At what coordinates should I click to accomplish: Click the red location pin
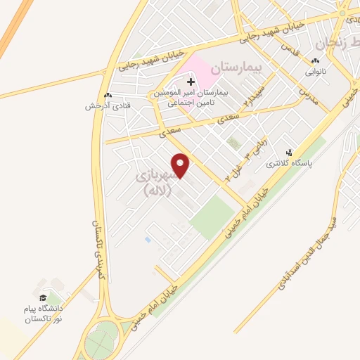point(181,165)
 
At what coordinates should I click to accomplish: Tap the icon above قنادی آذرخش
point(107,96)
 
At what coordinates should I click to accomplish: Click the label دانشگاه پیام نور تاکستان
point(44,314)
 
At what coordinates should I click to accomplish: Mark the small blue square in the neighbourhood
point(147,240)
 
